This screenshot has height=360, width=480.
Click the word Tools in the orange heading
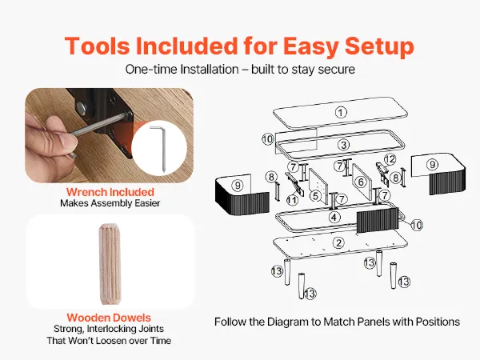(98, 46)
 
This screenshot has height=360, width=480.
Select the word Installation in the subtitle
(210, 69)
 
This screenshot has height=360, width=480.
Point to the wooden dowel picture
(110, 264)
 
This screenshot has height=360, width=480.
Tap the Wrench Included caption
(110, 192)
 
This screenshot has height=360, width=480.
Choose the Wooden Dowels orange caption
(109, 318)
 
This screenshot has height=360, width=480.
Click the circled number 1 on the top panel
(341, 112)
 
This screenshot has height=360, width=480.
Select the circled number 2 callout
(338, 243)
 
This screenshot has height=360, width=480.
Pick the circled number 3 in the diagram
(343, 145)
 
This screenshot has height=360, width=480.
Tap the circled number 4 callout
(334, 218)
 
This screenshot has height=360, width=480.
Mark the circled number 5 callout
(316, 196)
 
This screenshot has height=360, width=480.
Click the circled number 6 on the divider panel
(361, 182)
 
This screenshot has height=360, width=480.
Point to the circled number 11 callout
(292, 200)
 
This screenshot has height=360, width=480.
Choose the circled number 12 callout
(390, 159)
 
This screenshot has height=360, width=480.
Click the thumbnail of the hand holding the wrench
(109, 135)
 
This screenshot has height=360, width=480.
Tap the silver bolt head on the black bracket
(81, 108)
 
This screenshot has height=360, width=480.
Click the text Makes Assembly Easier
(110, 203)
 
